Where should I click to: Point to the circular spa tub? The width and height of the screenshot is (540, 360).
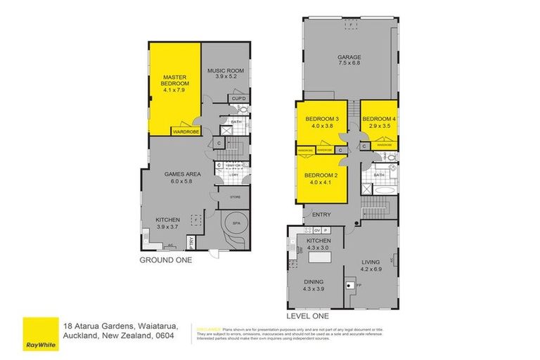point(233,228)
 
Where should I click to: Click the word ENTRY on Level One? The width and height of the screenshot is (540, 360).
point(321,214)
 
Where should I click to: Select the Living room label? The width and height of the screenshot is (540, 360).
point(371,265)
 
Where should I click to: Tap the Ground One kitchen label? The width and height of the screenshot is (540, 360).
point(167,223)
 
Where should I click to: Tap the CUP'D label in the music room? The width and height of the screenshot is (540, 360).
point(238,98)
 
